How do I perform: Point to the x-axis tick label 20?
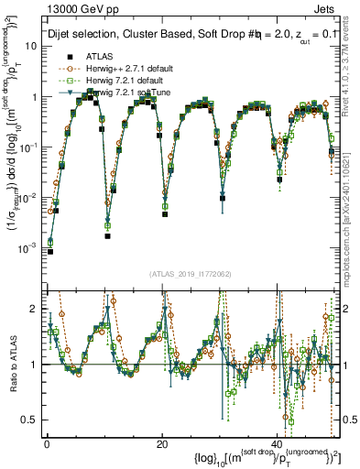[x=162, y=442]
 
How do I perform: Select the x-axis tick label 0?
[x=46, y=442]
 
